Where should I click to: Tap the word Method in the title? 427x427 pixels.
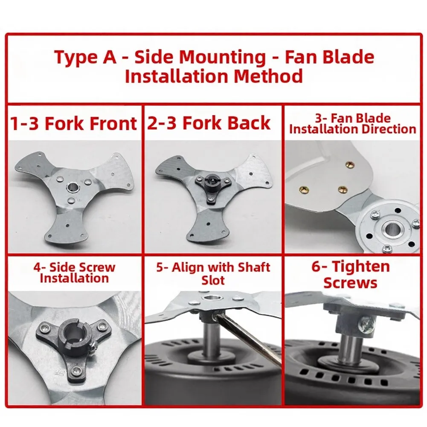pos(268,76)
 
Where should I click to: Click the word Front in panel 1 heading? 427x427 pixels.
pos(113,124)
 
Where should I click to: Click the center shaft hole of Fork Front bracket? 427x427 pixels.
pos(73,187)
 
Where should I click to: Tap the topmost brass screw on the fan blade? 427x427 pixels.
pos(349,164)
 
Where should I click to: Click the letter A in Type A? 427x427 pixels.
pos(110,58)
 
